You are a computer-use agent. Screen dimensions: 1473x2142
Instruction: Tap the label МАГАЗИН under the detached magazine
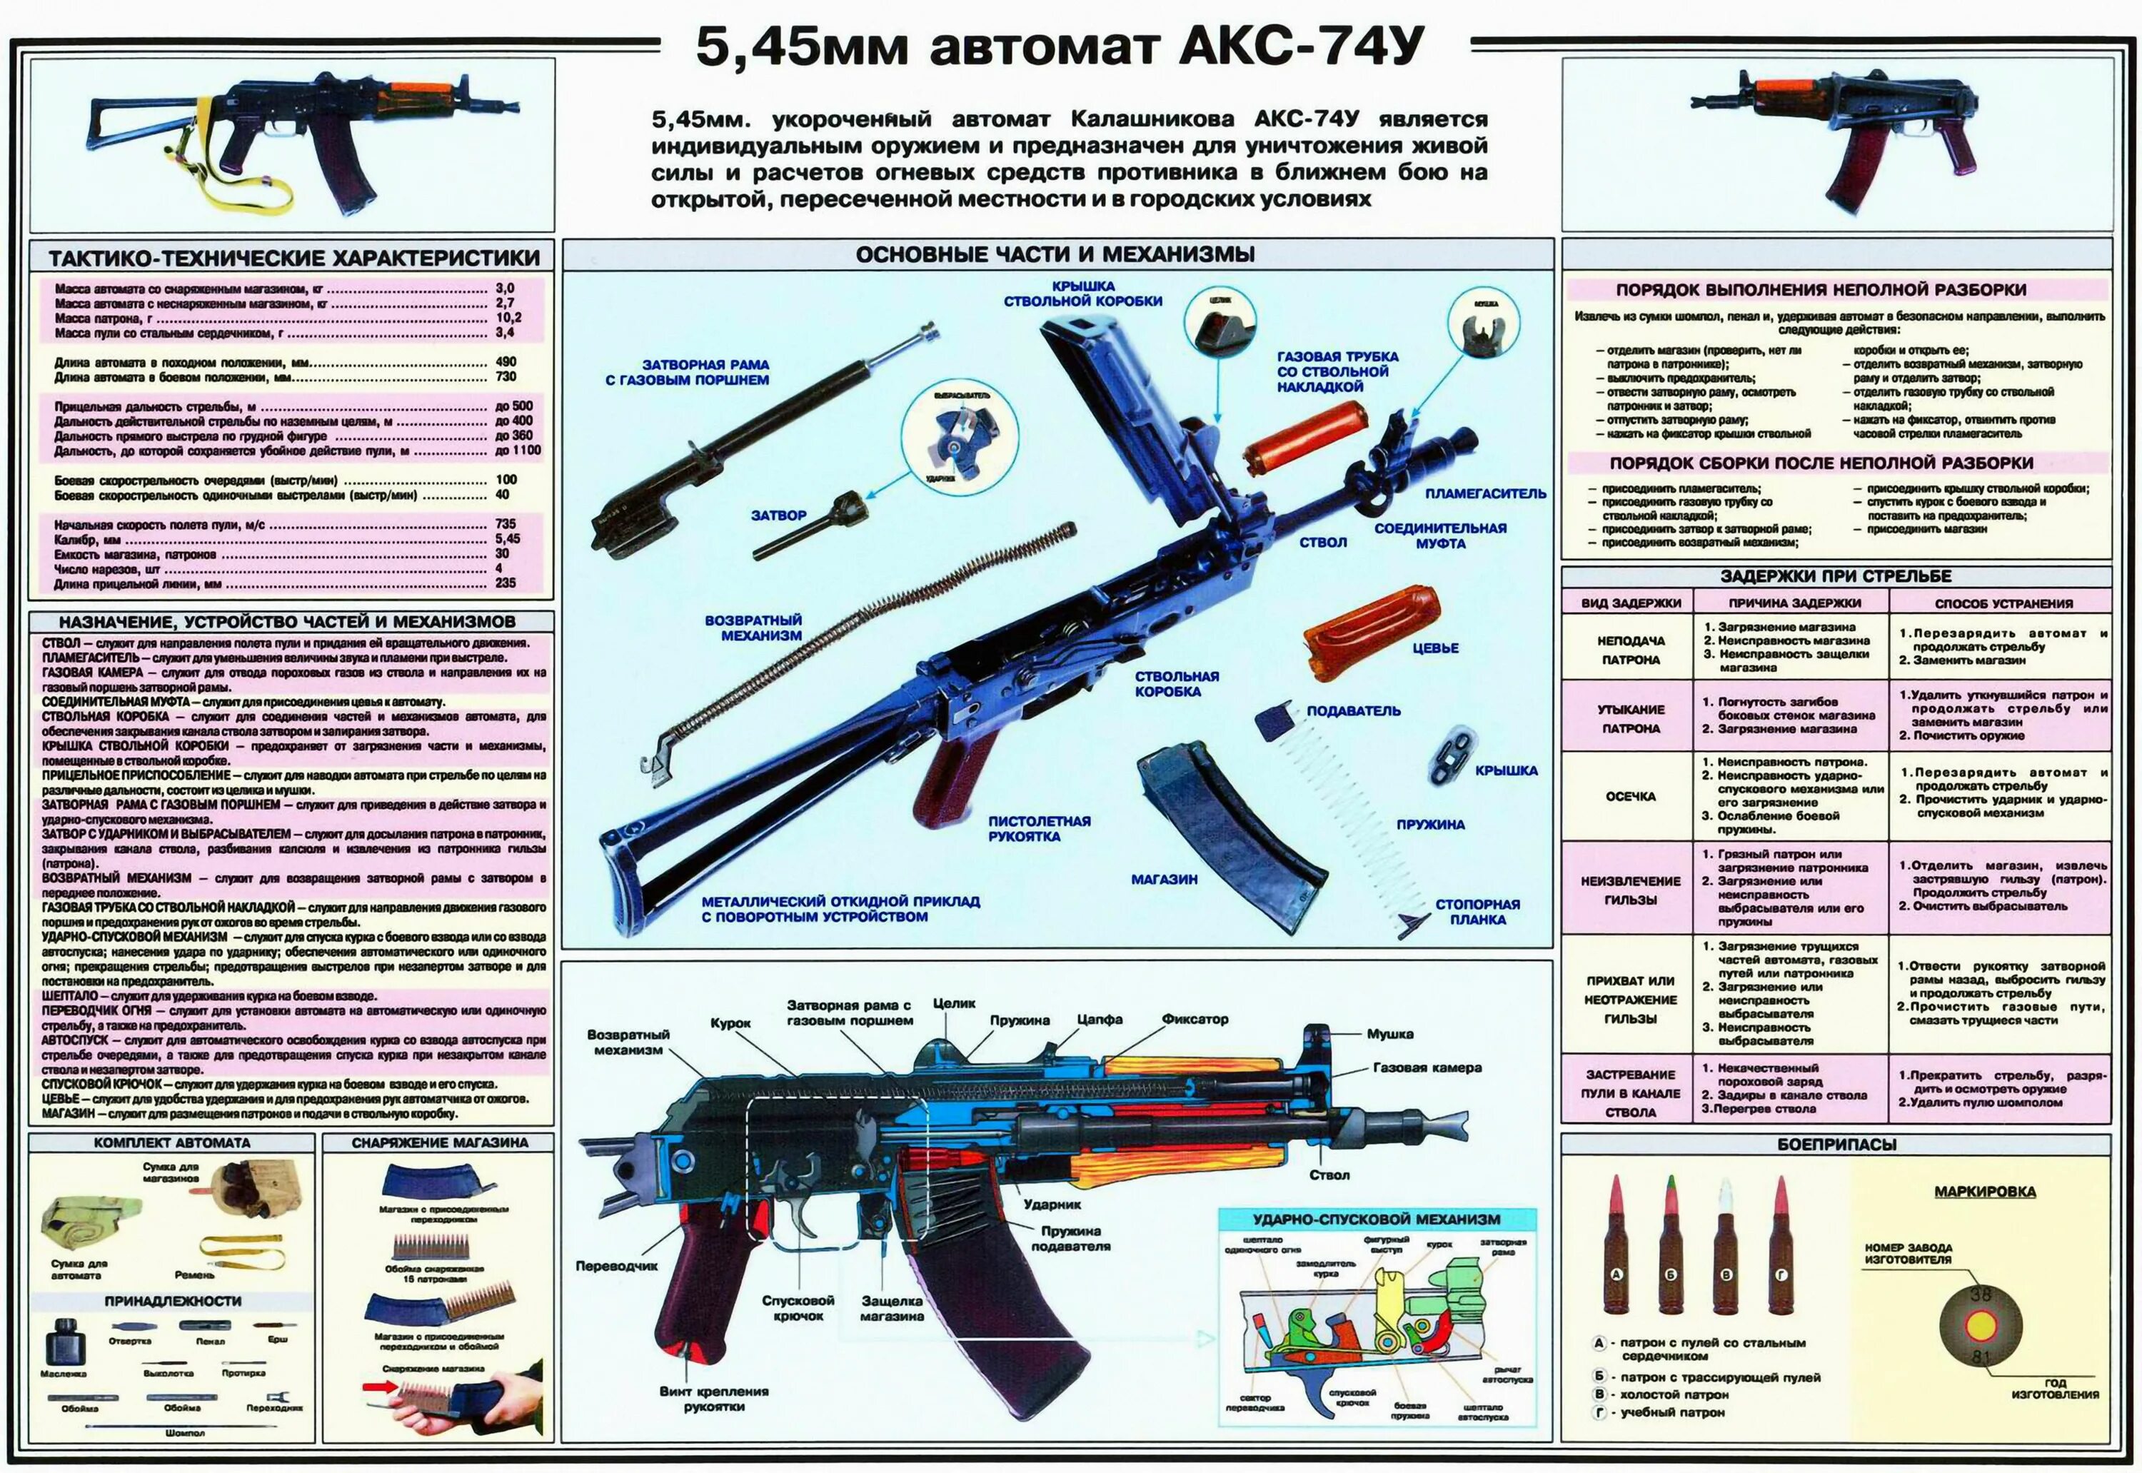(x=1164, y=880)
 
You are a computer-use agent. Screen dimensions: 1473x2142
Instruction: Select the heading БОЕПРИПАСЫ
(x=1836, y=1145)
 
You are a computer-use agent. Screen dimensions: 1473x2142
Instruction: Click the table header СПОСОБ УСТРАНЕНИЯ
(x=2003, y=603)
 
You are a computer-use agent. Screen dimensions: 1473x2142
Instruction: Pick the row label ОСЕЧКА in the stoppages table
(x=1630, y=797)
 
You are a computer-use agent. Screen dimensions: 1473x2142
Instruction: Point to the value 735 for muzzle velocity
(x=505, y=524)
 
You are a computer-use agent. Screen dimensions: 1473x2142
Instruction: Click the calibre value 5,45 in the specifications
(x=508, y=539)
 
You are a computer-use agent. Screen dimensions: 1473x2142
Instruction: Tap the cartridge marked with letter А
(x=1615, y=1246)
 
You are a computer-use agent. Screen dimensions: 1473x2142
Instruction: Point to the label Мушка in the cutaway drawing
(x=1390, y=1035)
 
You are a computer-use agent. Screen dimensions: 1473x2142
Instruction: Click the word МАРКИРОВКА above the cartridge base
(x=1984, y=1192)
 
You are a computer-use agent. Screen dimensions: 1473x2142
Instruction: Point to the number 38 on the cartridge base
(x=1981, y=1295)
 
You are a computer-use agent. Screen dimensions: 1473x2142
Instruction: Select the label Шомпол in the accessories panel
(x=185, y=1433)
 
